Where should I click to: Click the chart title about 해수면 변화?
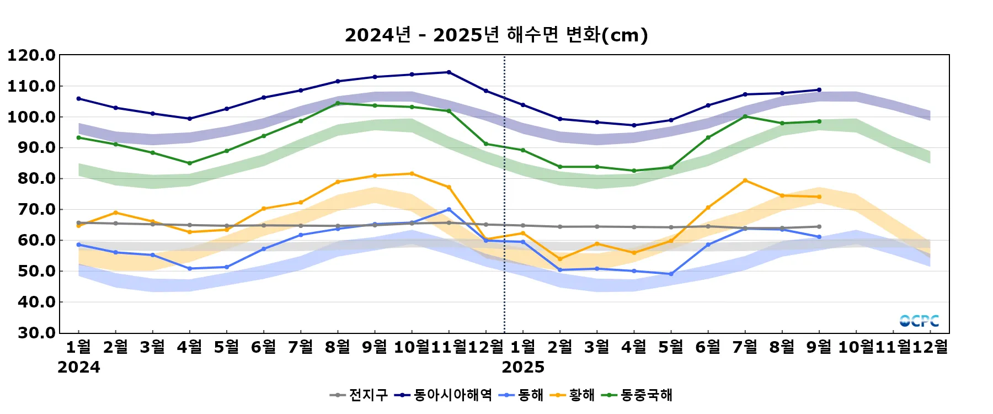pyautogui.click(x=496, y=35)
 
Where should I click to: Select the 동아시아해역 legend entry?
pyautogui.click(x=444, y=395)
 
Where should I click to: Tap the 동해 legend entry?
pyautogui.click(x=521, y=395)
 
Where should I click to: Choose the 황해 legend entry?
pyautogui.click(x=573, y=395)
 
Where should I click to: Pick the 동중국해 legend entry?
pyautogui.click(x=637, y=395)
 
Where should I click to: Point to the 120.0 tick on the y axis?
pyautogui.click(x=31, y=55)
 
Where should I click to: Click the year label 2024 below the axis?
pyautogui.click(x=79, y=368)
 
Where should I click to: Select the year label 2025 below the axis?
pyautogui.click(x=523, y=368)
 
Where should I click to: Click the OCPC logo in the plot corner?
pyautogui.click(x=919, y=321)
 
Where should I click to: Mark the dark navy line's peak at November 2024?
pyautogui.click(x=449, y=72)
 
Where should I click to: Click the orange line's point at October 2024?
pyautogui.click(x=412, y=174)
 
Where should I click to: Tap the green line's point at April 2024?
pyautogui.click(x=190, y=163)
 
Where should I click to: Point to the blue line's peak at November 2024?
pyautogui.click(x=449, y=210)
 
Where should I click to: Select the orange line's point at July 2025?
pyautogui.click(x=745, y=181)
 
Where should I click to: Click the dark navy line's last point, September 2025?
pyautogui.click(x=819, y=90)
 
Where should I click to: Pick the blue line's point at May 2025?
pyautogui.click(x=671, y=274)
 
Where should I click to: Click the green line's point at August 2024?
pyautogui.click(x=338, y=103)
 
